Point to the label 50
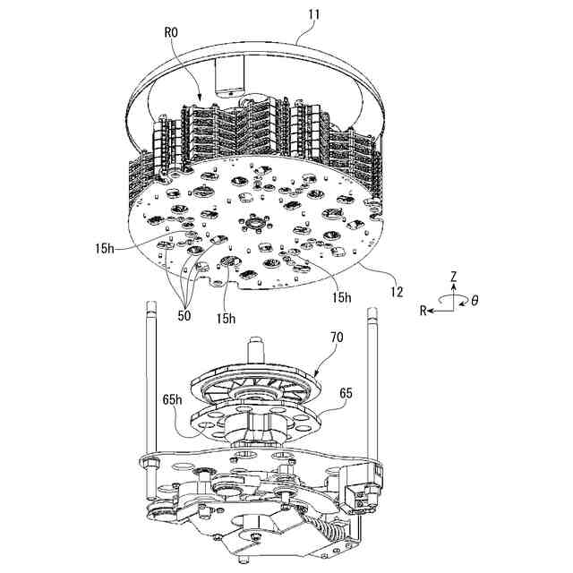[184, 314]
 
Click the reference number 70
[337, 338]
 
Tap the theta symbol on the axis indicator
[475, 302]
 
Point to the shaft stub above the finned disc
[257, 344]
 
